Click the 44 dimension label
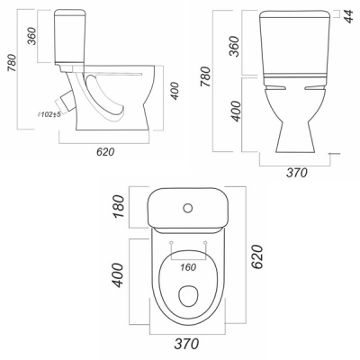[348, 15]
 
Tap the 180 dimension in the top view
[119, 207]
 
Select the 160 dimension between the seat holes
[188, 267]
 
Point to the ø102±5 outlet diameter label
[49, 114]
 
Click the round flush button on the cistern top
[188, 208]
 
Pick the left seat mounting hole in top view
[171, 242]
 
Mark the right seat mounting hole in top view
[205, 242]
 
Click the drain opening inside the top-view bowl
[188, 296]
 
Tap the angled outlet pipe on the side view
[67, 100]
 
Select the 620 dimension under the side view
[105, 152]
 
